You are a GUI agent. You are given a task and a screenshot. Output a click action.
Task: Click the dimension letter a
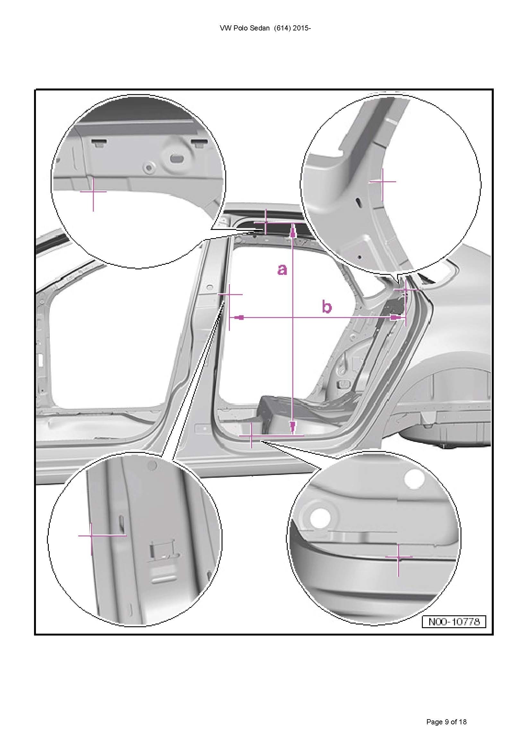(282, 269)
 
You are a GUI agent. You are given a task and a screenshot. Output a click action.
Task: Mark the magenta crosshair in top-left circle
(93, 192)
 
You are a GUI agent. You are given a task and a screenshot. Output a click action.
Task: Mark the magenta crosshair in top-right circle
(382, 181)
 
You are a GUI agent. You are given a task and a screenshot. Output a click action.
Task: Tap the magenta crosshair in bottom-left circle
(91, 536)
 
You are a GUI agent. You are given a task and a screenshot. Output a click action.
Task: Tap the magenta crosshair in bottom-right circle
(398, 556)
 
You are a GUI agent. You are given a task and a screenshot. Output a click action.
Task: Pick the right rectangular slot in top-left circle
(199, 142)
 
